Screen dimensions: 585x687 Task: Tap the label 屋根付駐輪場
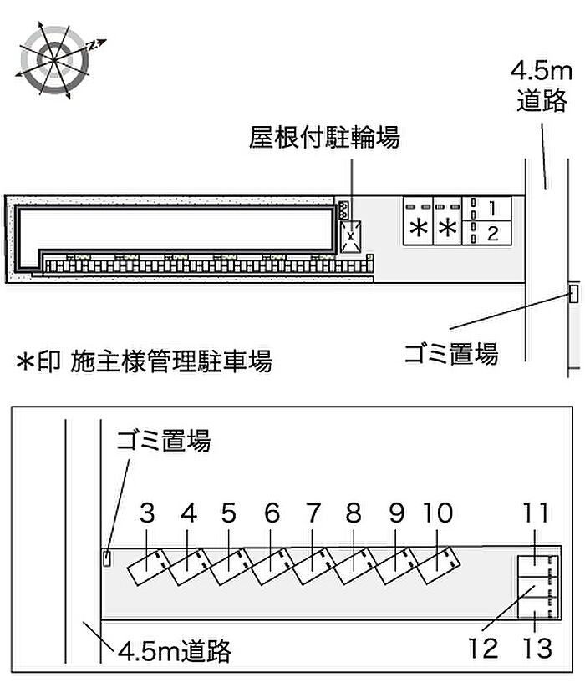point(324,137)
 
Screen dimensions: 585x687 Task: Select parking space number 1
point(486,209)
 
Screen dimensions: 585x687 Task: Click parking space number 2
point(486,233)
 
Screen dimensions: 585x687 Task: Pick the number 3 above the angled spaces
point(147,513)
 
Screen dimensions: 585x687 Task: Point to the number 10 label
point(438,513)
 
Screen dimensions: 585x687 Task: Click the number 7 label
point(313,513)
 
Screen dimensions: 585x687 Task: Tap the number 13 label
point(537,648)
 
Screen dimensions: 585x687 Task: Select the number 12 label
point(483,648)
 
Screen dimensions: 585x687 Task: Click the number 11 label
point(536,513)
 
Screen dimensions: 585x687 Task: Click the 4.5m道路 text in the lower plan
point(175,650)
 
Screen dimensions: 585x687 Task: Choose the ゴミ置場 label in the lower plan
point(163,440)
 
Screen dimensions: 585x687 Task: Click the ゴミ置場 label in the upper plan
point(451,353)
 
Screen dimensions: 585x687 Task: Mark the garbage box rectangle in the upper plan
point(573,293)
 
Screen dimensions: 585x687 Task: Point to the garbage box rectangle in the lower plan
point(107,558)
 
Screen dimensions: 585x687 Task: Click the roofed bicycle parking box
point(351,236)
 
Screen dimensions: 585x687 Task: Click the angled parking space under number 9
point(397,566)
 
